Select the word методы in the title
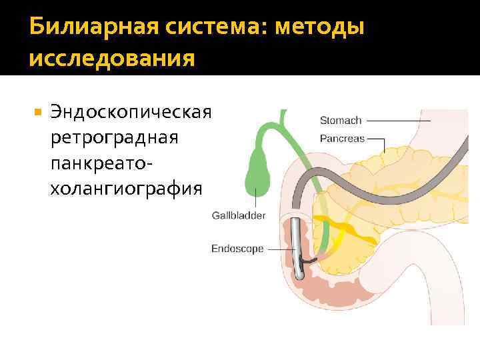320,27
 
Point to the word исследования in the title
112,59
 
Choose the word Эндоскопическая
131,112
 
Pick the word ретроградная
114,137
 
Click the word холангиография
125,189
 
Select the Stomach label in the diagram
340,121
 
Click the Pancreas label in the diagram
342,139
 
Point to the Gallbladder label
239,215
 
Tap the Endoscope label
237,249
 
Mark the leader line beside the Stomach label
400,121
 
